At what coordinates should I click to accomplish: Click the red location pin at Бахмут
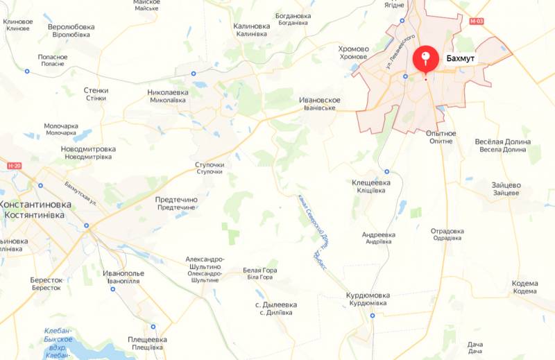point(425,59)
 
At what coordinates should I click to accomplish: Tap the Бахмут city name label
point(461,60)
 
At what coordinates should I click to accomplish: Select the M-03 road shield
point(475,22)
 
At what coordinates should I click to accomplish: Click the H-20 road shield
point(15,166)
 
